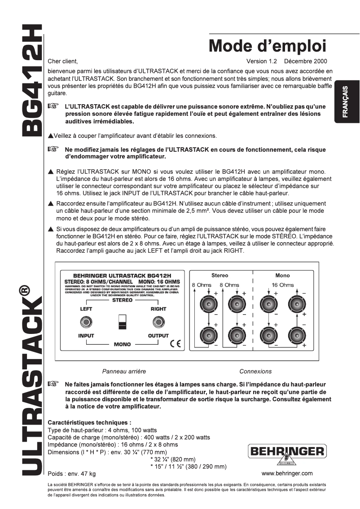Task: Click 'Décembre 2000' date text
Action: point(306,61)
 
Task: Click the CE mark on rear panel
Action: point(176,344)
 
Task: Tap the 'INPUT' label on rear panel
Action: point(86,336)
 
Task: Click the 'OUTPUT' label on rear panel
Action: point(158,336)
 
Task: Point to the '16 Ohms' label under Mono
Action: point(282,285)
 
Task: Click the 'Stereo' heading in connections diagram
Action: point(220,275)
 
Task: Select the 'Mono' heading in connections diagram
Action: point(282,275)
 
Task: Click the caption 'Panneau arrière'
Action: point(124,371)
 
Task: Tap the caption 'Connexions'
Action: point(255,371)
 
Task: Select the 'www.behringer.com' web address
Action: point(287,473)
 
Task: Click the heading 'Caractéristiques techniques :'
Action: point(89,422)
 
